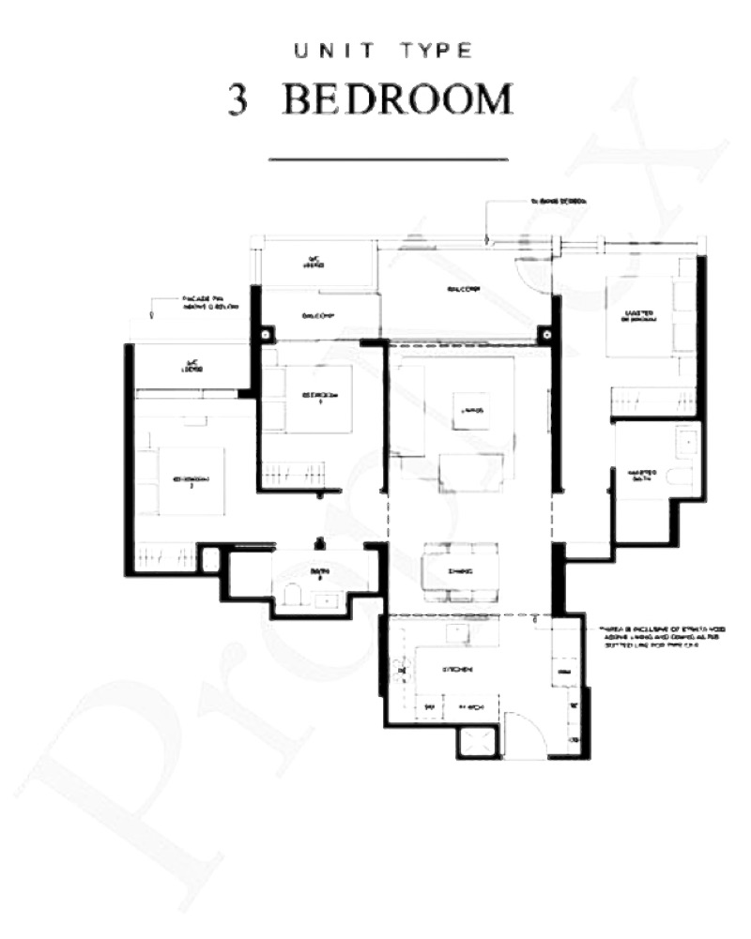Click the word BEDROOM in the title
point(398,100)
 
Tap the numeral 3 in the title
point(238,101)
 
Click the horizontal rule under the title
point(388,159)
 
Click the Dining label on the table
point(460,570)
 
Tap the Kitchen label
point(457,669)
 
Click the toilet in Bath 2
point(292,595)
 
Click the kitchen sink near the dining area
point(457,631)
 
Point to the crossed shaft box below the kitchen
point(479,741)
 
